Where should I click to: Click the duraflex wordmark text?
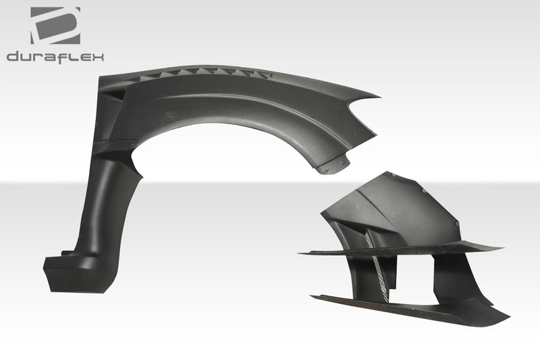[x=55, y=57]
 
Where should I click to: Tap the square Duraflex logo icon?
[x=55, y=26]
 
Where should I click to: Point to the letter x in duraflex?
[x=99, y=57]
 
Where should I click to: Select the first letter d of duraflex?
[x=12, y=57]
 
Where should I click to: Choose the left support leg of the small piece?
[x=362, y=270]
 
